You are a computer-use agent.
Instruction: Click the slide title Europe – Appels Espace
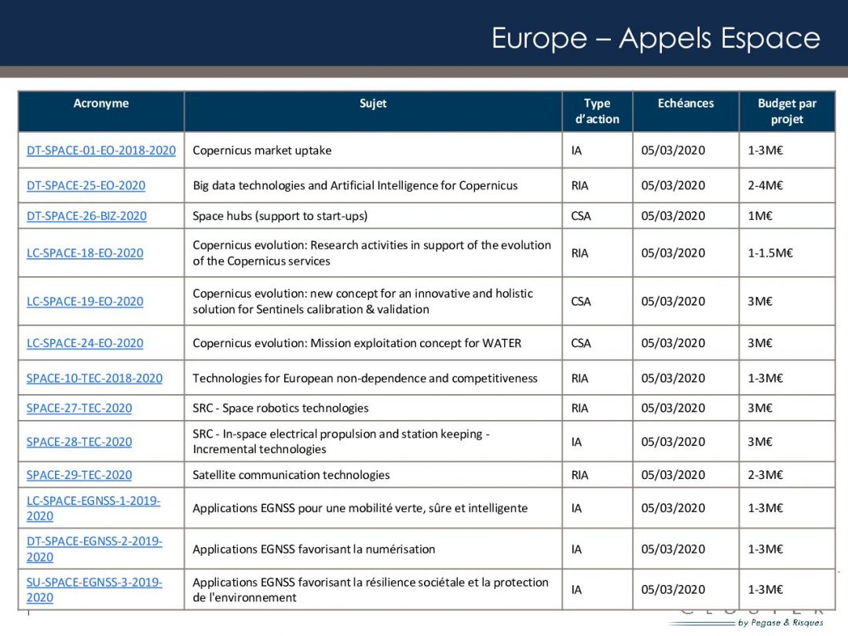coord(655,38)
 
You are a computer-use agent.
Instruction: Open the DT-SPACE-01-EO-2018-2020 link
coord(101,150)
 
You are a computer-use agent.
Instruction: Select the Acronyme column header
coord(101,104)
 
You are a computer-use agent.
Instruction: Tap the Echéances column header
coord(685,104)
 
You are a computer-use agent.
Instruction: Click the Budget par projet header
coord(787,111)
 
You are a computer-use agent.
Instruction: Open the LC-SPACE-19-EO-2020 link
coord(85,301)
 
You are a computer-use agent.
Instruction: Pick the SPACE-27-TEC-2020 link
coord(79,408)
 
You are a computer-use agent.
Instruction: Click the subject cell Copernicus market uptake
coord(262,150)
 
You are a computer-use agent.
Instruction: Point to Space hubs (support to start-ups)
coord(280,216)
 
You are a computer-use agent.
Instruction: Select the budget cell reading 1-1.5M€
coord(770,253)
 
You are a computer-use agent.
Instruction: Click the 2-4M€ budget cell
coord(766,185)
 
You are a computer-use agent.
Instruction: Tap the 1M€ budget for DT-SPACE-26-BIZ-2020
coord(760,216)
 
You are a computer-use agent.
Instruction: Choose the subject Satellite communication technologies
coord(291,474)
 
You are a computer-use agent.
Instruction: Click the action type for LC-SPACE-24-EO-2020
coord(581,343)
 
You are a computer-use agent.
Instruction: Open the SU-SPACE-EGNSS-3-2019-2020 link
coord(94,590)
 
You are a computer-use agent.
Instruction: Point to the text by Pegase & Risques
coord(780,623)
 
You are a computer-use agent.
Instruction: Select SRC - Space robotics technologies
coord(280,408)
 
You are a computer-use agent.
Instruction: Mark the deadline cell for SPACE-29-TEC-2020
coord(673,474)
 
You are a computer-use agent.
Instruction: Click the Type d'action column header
coord(597,111)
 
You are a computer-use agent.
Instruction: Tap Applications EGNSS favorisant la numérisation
coord(313,549)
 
